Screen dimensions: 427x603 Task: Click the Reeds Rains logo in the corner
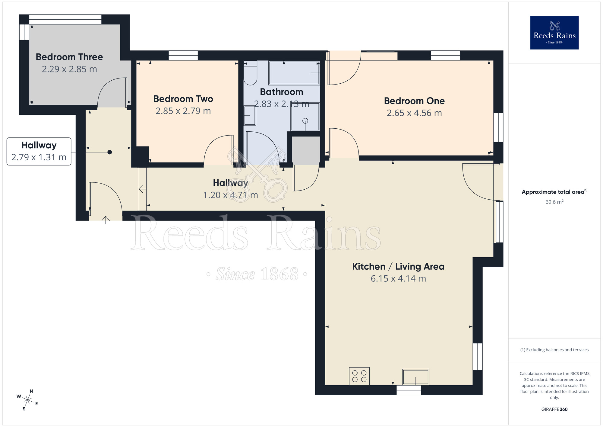pos(554,33)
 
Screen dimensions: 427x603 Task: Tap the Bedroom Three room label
pos(69,57)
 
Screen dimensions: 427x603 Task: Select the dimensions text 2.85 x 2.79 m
pos(183,111)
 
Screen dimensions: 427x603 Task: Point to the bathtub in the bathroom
pos(294,73)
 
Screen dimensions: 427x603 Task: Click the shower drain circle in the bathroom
pos(305,121)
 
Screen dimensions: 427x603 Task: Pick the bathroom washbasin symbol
pos(249,116)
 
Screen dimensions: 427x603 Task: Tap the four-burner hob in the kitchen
pos(359,376)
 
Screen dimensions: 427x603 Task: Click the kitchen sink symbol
pos(415,377)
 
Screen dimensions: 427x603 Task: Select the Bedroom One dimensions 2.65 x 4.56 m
pos(414,113)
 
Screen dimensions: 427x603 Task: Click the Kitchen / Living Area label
pos(398,267)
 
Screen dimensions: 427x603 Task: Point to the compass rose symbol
pos(27,400)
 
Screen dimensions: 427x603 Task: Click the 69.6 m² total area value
pos(554,202)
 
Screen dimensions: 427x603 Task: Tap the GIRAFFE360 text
pos(554,409)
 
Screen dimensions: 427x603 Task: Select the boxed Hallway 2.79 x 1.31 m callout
pos(39,152)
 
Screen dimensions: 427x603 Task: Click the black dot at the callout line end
pos(110,152)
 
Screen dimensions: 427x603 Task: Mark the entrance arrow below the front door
pos(106,220)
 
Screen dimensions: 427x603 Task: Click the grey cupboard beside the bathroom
pos(306,150)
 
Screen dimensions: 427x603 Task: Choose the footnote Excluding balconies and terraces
pos(554,350)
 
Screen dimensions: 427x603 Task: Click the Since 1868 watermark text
pos(257,274)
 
